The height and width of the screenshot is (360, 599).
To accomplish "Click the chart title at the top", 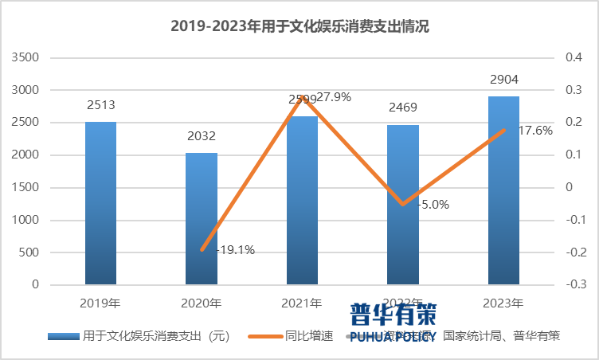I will (x=299, y=25).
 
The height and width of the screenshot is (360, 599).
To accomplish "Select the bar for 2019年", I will (x=101, y=203).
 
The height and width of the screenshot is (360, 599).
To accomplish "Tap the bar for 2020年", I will (x=202, y=218).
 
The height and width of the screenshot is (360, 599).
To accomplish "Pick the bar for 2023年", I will (x=503, y=190).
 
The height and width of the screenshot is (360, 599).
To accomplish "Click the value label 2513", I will (x=101, y=106).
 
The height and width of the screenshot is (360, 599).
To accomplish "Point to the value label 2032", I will (x=202, y=136).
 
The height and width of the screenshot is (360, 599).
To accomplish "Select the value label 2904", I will (x=503, y=80).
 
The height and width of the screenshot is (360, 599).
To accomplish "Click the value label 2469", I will (x=402, y=108).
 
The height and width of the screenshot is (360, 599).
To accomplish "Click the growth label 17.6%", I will (x=535, y=131).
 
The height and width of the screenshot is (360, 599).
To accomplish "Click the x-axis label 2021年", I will (x=302, y=303).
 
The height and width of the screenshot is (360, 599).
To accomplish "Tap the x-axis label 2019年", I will (x=101, y=303).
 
